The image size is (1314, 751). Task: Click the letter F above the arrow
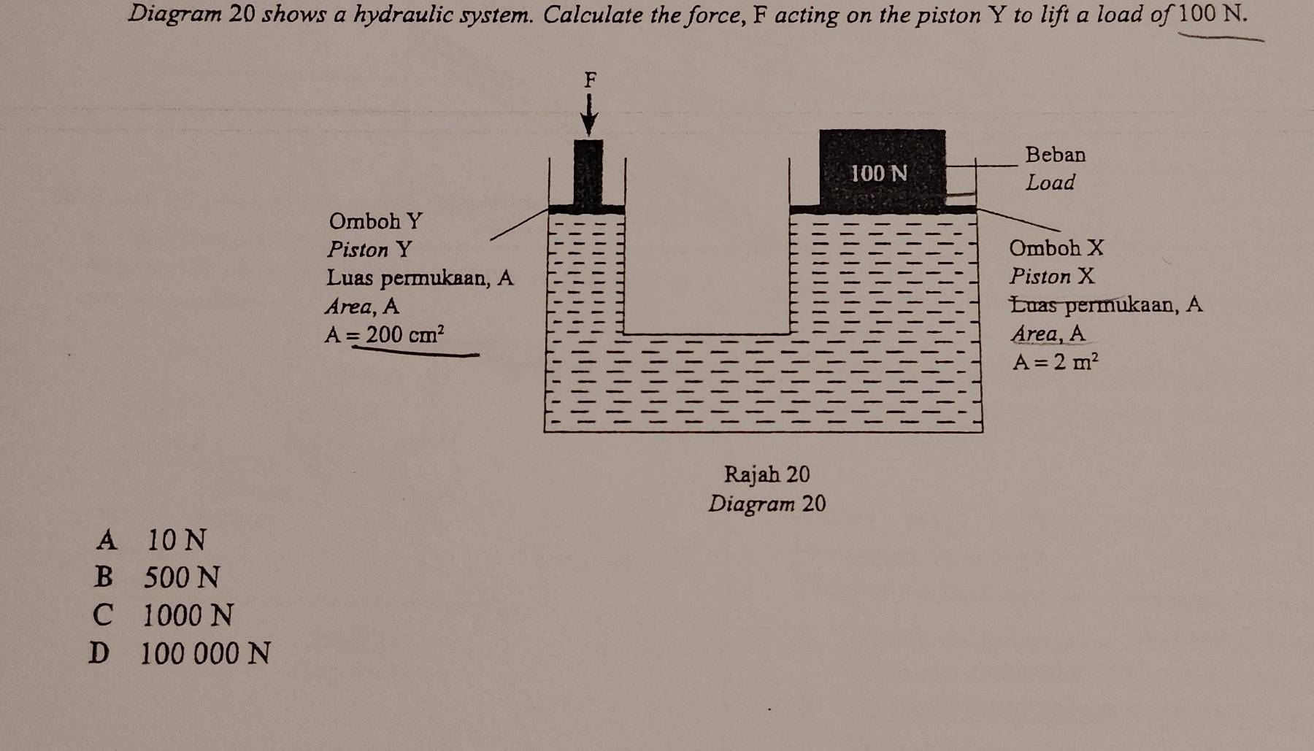click(x=591, y=79)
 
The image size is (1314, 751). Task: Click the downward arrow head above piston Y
click(x=589, y=126)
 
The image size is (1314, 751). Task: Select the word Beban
click(x=1056, y=155)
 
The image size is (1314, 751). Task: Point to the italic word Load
click(x=1050, y=182)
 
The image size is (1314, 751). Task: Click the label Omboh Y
click(x=375, y=220)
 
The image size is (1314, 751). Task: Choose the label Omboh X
click(x=1056, y=248)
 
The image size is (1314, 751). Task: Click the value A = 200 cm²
click(x=385, y=335)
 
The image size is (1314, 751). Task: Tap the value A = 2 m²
click(x=1056, y=361)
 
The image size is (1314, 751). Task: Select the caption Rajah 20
click(x=766, y=474)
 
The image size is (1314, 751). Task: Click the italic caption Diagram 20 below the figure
click(x=766, y=504)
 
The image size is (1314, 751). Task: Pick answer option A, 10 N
click(x=151, y=540)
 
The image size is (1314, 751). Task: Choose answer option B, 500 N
click(x=156, y=578)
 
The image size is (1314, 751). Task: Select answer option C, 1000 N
click(x=163, y=616)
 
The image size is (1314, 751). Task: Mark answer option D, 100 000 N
click(x=180, y=654)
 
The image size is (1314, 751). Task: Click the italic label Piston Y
click(x=369, y=250)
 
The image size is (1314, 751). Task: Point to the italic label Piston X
click(x=1053, y=277)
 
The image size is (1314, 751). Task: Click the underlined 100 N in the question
click(x=1213, y=15)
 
